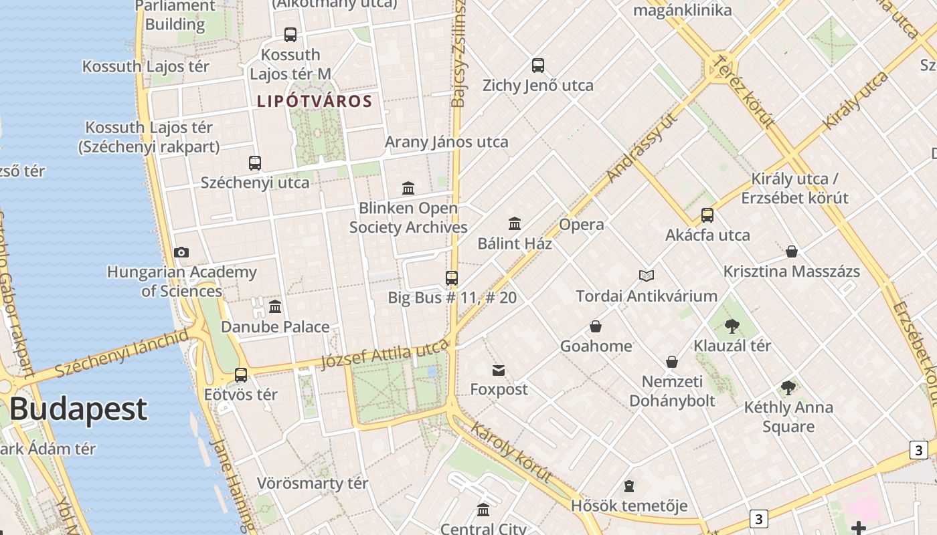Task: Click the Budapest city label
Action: click(x=78, y=409)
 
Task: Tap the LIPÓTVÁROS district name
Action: click(x=315, y=102)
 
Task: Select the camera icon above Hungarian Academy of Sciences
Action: click(x=181, y=252)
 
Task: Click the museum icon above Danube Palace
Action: click(x=275, y=307)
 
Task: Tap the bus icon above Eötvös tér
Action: click(x=241, y=375)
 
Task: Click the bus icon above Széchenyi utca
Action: click(x=255, y=163)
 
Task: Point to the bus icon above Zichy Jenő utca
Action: click(x=538, y=66)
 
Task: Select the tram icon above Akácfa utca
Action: click(x=707, y=215)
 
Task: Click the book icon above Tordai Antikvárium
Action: click(x=647, y=276)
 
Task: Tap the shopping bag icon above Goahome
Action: click(x=596, y=326)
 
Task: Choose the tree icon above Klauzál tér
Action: click(x=732, y=326)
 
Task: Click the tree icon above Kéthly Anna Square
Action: click(x=788, y=388)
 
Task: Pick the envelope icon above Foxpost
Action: click(x=499, y=370)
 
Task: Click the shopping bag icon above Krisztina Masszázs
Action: click(x=792, y=252)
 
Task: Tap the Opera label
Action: click(x=582, y=225)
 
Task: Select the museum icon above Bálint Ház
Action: click(x=515, y=223)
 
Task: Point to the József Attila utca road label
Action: click(x=384, y=354)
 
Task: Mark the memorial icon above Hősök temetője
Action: click(x=629, y=486)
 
